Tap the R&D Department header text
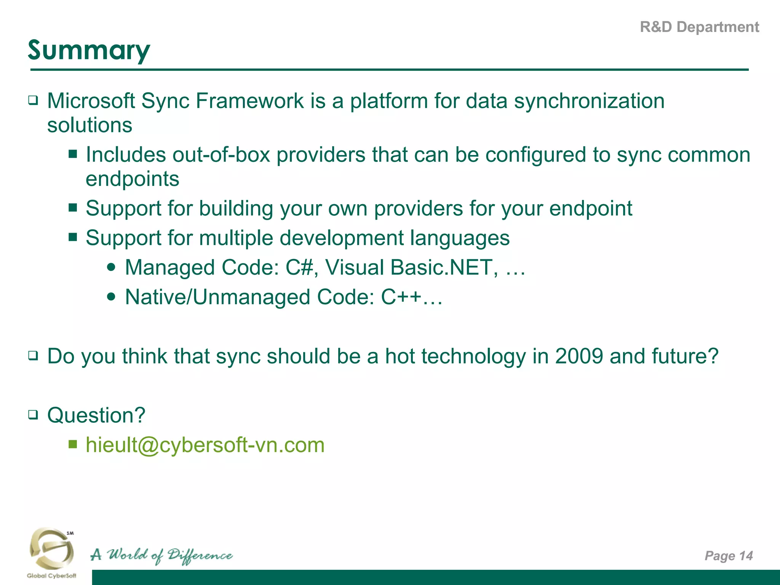pos(699,27)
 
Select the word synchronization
pos(589,101)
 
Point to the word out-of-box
pos(221,155)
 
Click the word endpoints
pos(132,179)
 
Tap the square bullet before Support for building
pos(73,208)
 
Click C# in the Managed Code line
pos(299,267)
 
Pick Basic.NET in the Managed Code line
pos(443,267)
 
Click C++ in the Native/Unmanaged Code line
pos(401,297)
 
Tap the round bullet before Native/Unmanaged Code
pos(111,297)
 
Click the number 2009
pos(579,356)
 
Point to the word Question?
pos(96,415)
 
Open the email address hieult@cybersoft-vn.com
pos(205,445)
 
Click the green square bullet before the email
pos(73,444)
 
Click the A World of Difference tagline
pos(161,555)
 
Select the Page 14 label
pos(728,556)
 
